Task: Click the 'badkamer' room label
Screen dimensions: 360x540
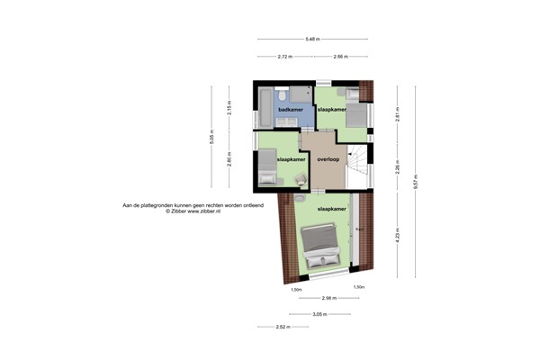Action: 290,110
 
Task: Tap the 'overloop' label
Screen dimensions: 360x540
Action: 328,159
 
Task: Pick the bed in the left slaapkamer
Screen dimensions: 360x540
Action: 267,168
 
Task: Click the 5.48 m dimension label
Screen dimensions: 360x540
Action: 312,40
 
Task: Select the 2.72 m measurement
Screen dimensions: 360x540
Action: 284,57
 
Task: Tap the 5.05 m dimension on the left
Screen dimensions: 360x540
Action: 212,139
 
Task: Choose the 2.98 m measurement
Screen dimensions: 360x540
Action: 329,298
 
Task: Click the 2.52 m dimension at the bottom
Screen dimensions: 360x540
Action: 283,327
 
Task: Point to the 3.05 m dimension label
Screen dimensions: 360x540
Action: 319,314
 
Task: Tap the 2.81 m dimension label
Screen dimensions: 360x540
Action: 398,114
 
